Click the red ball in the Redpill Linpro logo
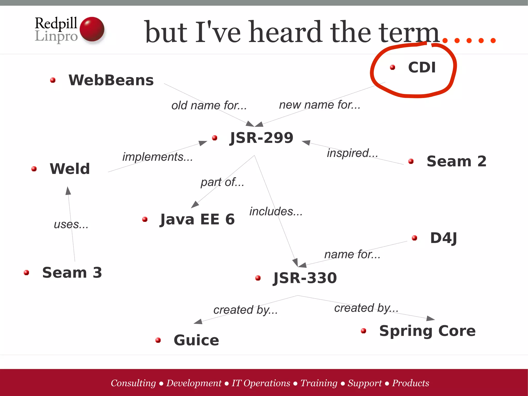[92, 29]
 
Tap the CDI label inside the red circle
[422, 67]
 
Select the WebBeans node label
[111, 80]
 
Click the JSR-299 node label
[261, 138]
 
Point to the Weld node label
[70, 169]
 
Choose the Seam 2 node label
[456, 161]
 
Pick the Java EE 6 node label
[197, 219]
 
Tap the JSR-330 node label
[305, 278]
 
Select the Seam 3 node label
[72, 272]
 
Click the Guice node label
[196, 340]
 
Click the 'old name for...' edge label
[209, 106]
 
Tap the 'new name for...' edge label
[320, 105]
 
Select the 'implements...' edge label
[158, 157]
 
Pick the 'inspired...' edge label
[352, 153]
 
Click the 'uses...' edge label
[71, 224]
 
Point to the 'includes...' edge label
[276, 212]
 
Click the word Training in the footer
[319, 383]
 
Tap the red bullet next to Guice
[158, 340]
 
